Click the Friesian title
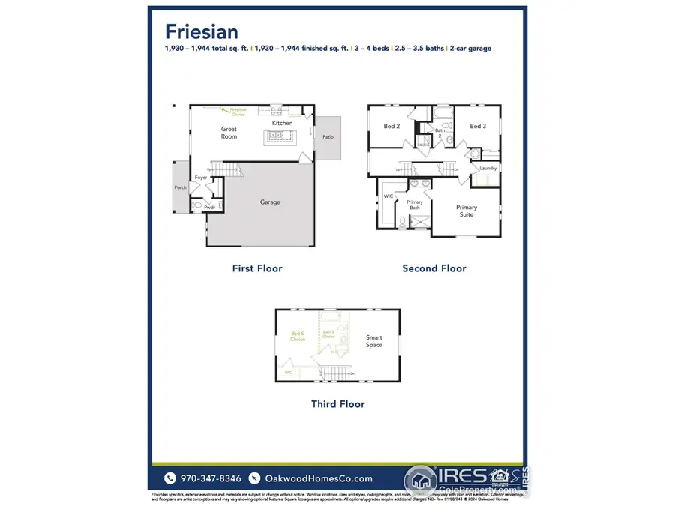(202, 31)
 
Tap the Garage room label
(270, 202)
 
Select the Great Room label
(229, 133)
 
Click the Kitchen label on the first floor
(282, 123)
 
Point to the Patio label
(328, 137)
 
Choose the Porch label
(180, 187)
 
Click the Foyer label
(201, 178)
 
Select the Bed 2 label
(391, 127)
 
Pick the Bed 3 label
(478, 127)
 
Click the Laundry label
(487, 168)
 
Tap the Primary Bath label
(414, 205)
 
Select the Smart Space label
(374, 341)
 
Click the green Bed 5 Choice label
(298, 336)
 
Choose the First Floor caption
(256, 268)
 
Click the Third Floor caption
(337, 404)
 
